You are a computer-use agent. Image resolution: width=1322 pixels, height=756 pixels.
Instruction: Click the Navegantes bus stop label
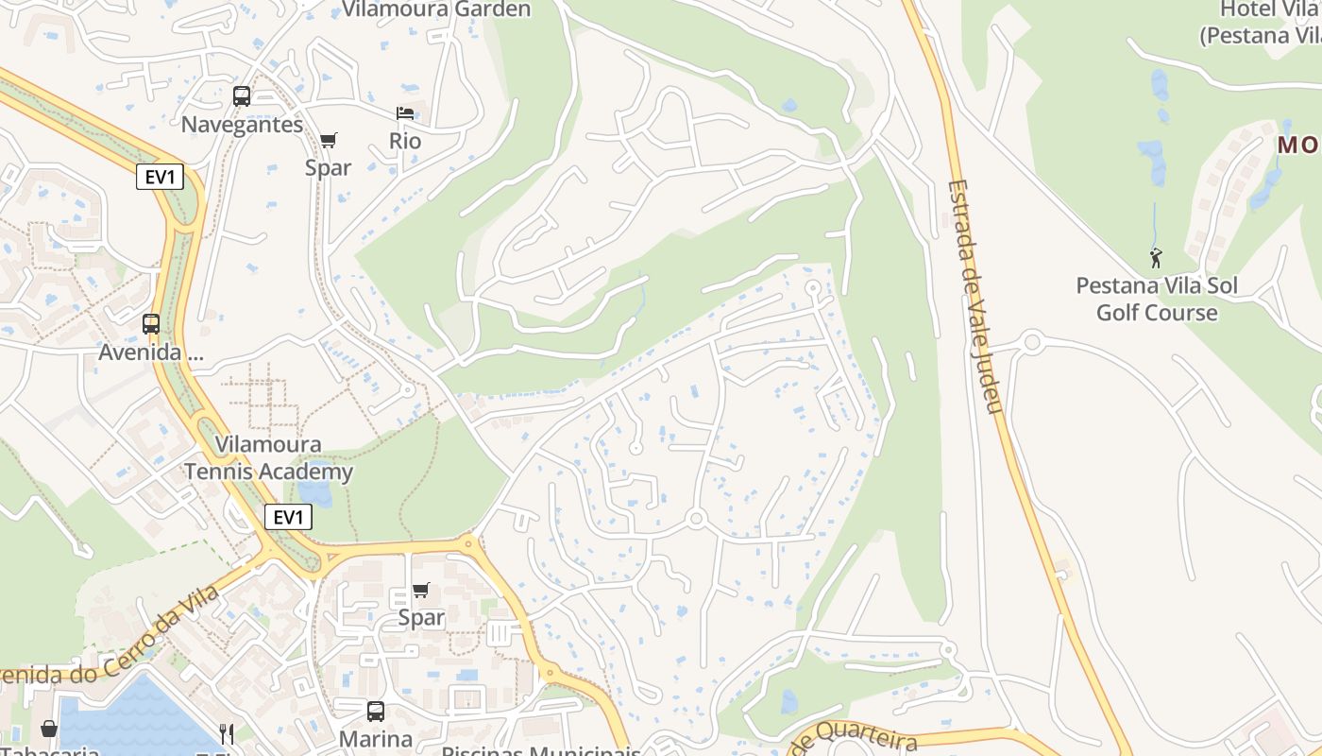pyautogui.click(x=242, y=125)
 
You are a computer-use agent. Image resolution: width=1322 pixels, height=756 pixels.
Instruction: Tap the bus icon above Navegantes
pyautogui.click(x=242, y=95)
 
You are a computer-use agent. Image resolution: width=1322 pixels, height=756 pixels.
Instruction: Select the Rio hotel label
pyautogui.click(x=405, y=141)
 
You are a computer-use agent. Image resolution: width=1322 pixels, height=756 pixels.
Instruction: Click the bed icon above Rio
pyautogui.click(x=405, y=113)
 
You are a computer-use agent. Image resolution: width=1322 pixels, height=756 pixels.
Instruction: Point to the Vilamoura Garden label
pyautogui.click(x=436, y=9)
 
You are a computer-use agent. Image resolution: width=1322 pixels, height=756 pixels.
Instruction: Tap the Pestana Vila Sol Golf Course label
pyautogui.click(x=1156, y=299)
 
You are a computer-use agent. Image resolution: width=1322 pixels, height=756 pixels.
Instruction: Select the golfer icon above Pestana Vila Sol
pyautogui.click(x=1156, y=256)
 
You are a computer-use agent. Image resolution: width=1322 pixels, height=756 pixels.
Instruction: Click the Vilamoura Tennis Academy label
pyautogui.click(x=268, y=457)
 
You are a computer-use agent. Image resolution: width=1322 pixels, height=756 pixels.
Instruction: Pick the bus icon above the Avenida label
pyautogui.click(x=151, y=324)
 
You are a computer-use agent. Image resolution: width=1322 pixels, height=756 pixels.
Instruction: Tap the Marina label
pyautogui.click(x=376, y=739)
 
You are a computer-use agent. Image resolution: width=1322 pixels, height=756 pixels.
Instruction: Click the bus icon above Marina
pyautogui.click(x=376, y=712)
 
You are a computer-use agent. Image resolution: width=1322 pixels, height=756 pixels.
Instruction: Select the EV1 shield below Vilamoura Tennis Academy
pyautogui.click(x=287, y=517)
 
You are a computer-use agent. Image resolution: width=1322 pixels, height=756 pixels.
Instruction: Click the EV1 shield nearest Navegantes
pyautogui.click(x=160, y=177)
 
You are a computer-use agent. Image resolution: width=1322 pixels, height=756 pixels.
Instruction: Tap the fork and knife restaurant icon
pyautogui.click(x=227, y=733)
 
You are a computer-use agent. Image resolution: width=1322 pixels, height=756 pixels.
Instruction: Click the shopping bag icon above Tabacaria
pyautogui.click(x=48, y=729)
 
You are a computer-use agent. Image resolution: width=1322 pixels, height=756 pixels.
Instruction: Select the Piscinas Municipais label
pyautogui.click(x=541, y=750)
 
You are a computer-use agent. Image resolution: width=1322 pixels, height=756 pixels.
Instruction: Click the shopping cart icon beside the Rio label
pyautogui.click(x=328, y=141)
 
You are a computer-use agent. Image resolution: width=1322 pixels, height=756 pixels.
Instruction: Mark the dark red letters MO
pyautogui.click(x=1298, y=146)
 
